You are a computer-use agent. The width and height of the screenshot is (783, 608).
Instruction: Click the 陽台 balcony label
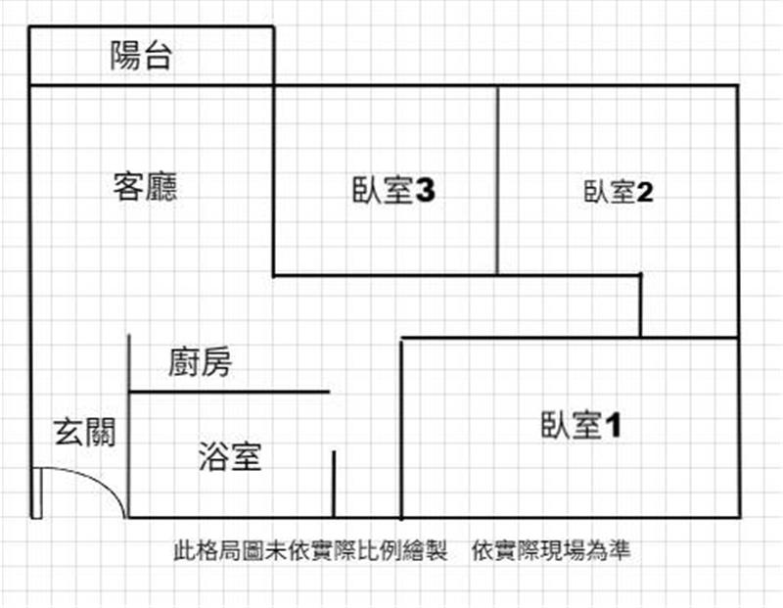[141, 55]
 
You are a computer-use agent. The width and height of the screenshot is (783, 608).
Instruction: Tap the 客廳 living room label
[145, 187]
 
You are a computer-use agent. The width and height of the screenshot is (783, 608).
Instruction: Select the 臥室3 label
[393, 190]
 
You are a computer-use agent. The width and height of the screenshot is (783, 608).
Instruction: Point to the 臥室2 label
[619, 192]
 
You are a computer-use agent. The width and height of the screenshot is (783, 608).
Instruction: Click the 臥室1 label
[581, 425]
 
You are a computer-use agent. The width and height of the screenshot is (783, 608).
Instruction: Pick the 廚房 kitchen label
[200, 362]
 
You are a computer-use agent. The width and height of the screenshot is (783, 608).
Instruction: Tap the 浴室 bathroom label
[230, 456]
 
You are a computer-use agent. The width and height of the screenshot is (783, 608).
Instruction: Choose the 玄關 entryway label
[85, 432]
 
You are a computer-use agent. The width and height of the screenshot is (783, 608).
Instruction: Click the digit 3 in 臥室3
[426, 190]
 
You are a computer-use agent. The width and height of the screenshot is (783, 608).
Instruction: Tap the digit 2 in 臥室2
[645, 192]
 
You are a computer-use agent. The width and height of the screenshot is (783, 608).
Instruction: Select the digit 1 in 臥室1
[614, 426]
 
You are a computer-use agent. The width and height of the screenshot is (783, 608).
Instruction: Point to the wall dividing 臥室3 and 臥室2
[497, 180]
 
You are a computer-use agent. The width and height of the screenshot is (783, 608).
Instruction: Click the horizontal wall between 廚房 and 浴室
[229, 392]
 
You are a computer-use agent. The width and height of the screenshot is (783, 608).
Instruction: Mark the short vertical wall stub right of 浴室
[334, 484]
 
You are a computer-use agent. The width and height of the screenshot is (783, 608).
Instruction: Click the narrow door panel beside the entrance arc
[36, 493]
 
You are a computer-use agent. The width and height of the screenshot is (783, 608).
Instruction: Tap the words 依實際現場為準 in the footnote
[551, 550]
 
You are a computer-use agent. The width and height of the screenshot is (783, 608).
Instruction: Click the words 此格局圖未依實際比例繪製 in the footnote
[310, 550]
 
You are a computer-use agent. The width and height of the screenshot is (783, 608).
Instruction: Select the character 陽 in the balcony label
[125, 55]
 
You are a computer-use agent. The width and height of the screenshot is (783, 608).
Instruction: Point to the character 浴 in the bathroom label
[213, 456]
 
